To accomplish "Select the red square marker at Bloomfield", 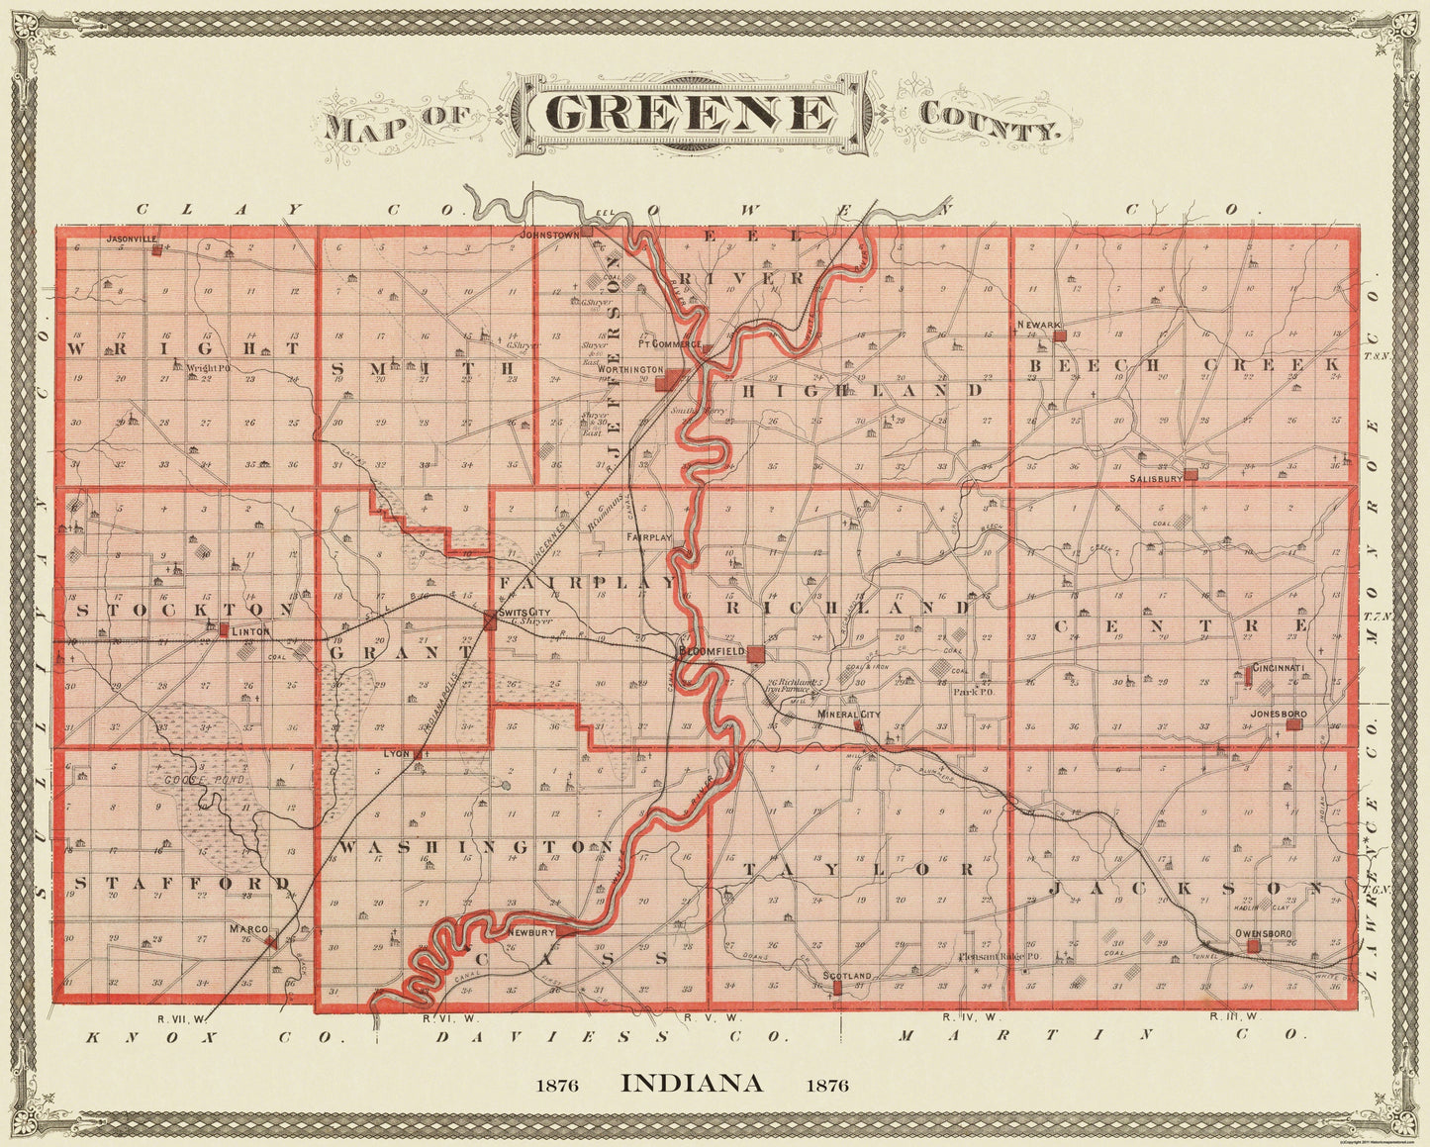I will click(756, 654).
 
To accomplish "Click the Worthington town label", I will click(635, 369).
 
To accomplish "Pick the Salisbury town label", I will click(1156, 479).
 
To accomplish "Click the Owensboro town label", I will click(1258, 933).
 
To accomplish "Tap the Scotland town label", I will click(846, 976).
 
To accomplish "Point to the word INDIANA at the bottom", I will click(692, 1083).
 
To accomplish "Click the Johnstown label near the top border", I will click(549, 235).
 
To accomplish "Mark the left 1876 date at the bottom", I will click(557, 1085).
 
